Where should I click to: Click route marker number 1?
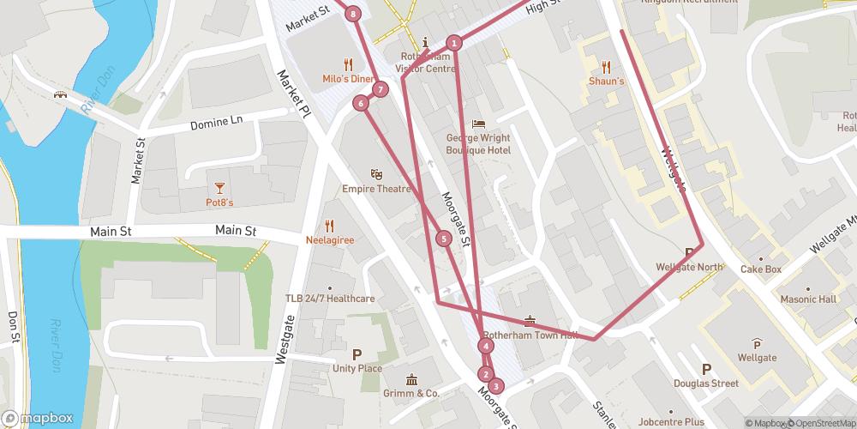[455, 42]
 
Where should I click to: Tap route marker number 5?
[444, 239]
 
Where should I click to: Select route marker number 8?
[353, 13]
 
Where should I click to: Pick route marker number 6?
[361, 103]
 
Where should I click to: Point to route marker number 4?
[486, 346]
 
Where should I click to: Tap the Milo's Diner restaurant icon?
[348, 63]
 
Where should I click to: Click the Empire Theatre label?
[376, 189]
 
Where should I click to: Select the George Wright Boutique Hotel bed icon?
[477, 124]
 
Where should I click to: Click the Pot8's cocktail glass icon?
[219, 187]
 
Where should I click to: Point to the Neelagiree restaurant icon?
[330, 227]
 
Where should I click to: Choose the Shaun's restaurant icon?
[606, 66]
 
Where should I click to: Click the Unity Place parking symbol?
[357, 353]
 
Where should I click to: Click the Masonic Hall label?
[807, 299]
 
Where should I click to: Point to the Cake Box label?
[762, 269]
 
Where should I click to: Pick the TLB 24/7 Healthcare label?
[330, 299]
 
